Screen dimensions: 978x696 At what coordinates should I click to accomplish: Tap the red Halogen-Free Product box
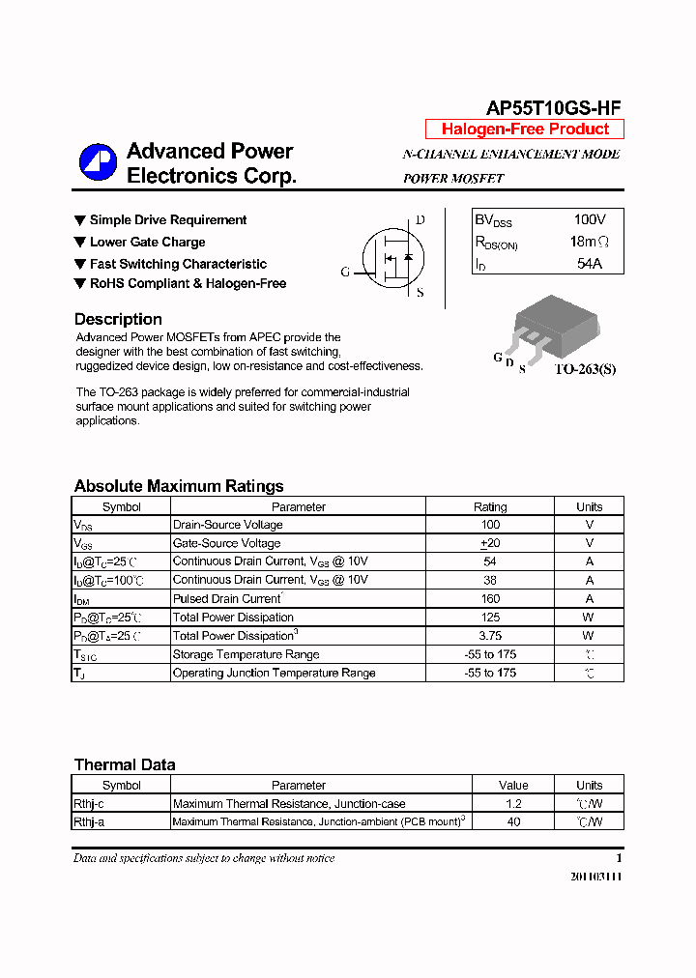coord(525,129)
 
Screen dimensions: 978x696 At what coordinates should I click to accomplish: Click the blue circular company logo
coord(98,162)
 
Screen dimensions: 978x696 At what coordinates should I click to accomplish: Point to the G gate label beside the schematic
coord(345,273)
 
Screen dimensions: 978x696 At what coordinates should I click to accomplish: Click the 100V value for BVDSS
coord(589,220)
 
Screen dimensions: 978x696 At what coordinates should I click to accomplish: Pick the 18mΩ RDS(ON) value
coord(589,242)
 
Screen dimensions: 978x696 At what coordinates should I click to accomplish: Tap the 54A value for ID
coord(589,263)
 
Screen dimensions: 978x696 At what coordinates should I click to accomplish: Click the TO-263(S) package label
coord(584,369)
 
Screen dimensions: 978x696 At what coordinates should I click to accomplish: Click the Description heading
coord(118,320)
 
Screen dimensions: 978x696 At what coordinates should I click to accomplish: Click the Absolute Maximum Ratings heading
coord(179,486)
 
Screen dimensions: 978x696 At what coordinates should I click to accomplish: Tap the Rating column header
coord(490,506)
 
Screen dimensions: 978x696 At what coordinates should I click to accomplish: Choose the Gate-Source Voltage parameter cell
coord(226,543)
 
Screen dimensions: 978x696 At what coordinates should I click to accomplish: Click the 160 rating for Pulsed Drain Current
coord(490,599)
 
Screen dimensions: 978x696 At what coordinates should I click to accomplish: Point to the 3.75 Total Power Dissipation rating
coord(490,636)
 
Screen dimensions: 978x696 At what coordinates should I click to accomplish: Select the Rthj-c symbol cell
coord(89,804)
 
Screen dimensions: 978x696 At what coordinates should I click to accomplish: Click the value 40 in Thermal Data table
coord(513,822)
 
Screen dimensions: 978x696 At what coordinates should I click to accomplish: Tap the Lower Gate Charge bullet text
coord(147,243)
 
